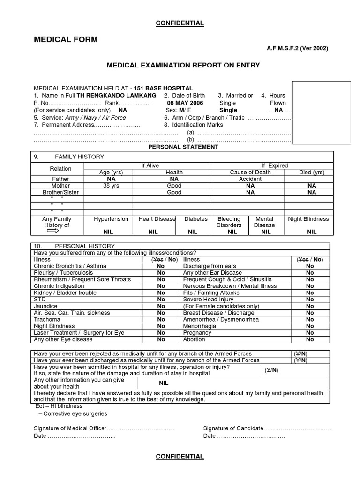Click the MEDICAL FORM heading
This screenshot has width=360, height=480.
(x=66, y=40)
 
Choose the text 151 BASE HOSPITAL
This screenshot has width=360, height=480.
(x=163, y=88)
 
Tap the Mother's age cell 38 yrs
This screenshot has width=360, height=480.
(x=108, y=186)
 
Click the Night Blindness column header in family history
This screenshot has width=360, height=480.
(x=308, y=219)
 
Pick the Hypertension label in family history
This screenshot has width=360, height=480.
(x=111, y=219)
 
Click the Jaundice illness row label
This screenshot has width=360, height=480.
(x=45, y=306)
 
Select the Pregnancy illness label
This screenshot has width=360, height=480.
(x=197, y=333)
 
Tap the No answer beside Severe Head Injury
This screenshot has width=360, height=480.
(x=310, y=300)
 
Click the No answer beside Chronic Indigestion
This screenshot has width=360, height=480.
(x=161, y=286)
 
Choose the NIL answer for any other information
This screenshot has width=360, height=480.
(x=164, y=383)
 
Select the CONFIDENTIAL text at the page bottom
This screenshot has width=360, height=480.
(x=180, y=457)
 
